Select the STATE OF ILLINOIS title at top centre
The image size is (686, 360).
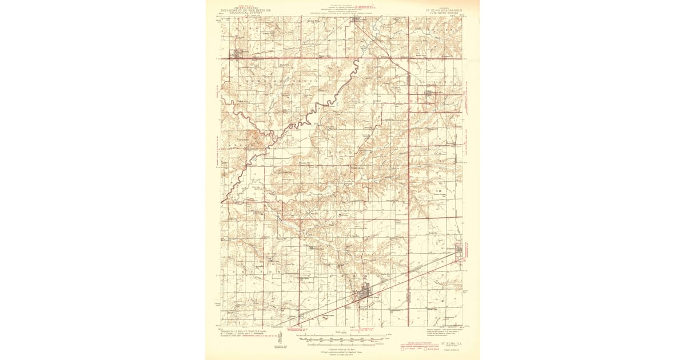[343, 3]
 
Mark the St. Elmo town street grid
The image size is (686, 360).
[364, 294]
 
